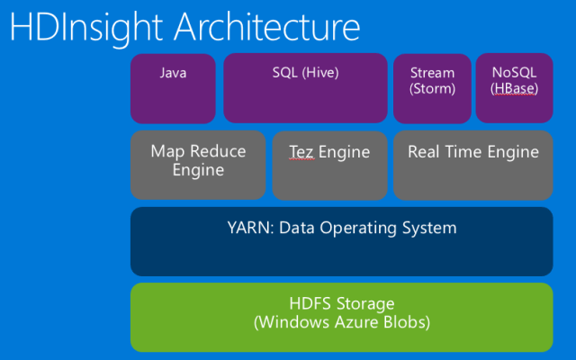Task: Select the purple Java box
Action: pos(173,88)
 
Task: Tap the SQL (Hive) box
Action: pos(305,88)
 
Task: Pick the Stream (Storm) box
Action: pos(432,88)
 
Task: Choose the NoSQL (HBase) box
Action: pos(514,88)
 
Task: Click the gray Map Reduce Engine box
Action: pos(198,165)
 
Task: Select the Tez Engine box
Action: pos(328,165)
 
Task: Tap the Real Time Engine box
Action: pos(472,165)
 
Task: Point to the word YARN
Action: pos(247,228)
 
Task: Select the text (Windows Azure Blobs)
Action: pos(341,321)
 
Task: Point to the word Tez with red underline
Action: pos(301,152)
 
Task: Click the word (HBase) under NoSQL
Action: pos(514,88)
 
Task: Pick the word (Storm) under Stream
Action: pos(432,88)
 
